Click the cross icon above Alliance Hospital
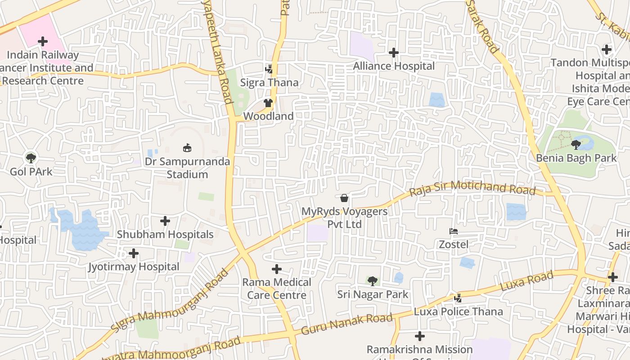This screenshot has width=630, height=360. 394,53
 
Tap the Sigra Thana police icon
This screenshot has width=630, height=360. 269,69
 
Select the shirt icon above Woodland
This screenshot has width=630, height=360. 269,103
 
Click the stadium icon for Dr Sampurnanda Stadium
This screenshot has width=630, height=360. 187,148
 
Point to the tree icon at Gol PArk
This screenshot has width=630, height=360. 31,158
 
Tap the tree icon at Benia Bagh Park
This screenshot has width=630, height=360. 576,144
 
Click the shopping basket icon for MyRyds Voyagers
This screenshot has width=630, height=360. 344,198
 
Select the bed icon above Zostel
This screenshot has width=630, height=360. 454,231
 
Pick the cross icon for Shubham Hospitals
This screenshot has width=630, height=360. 165,221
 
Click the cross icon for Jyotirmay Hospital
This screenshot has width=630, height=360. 134,253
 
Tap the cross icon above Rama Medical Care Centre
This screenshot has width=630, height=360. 277,269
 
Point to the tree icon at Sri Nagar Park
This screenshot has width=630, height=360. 372,281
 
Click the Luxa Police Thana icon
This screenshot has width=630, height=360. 458,298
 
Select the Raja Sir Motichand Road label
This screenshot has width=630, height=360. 472,189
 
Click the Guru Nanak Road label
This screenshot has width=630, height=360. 346,324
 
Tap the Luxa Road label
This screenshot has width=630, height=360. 526,281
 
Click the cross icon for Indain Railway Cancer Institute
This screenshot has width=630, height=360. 43,42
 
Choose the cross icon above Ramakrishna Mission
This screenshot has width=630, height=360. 420,336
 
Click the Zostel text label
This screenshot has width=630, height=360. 454,244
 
